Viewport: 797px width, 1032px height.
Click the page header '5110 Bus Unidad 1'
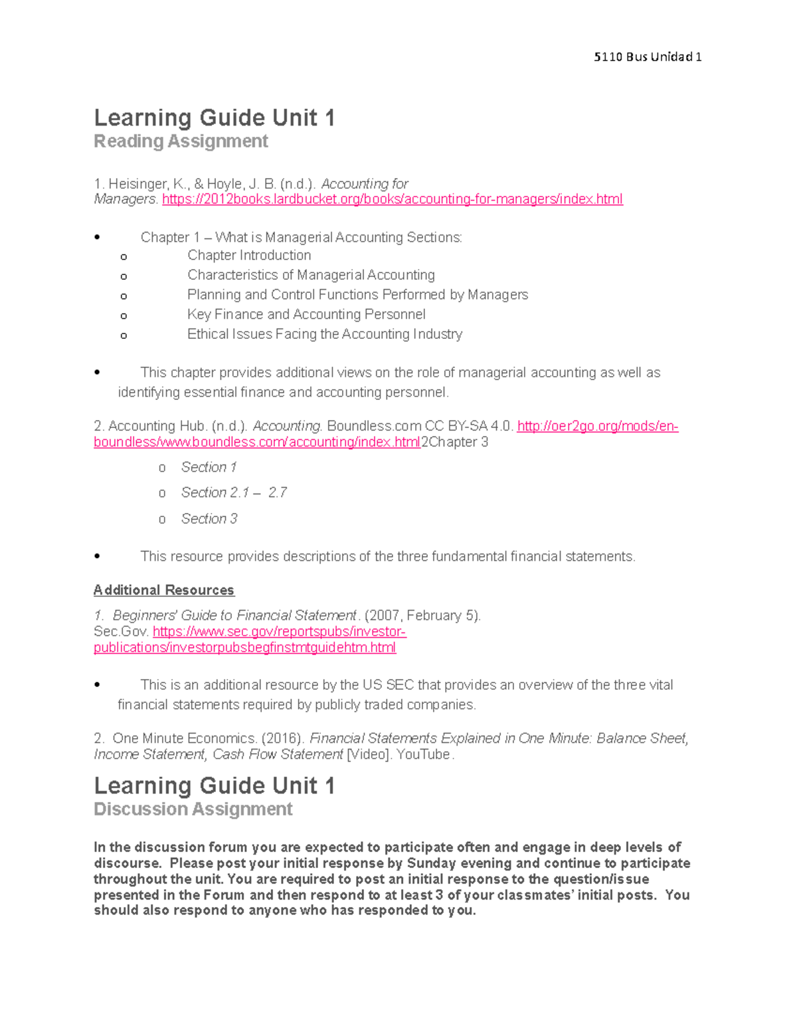pyautogui.click(x=648, y=57)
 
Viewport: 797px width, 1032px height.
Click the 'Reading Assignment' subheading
pyautogui.click(x=181, y=142)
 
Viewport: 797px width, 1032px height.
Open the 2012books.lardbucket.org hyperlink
pyautogui.click(x=392, y=199)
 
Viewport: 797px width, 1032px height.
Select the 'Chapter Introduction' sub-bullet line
pyautogui.click(x=249, y=256)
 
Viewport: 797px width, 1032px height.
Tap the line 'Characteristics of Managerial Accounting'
pyautogui.click(x=311, y=275)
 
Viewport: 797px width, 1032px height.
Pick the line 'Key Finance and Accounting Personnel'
pyautogui.click(x=306, y=314)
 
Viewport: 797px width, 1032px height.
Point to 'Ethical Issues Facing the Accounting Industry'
pyautogui.click(x=325, y=334)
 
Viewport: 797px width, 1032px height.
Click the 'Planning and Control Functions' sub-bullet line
pyautogui.click(x=357, y=295)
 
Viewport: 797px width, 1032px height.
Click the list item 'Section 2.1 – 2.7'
pyautogui.click(x=234, y=493)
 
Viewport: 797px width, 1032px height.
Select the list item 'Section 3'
pyautogui.click(x=209, y=519)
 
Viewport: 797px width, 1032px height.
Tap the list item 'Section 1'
pyautogui.click(x=209, y=468)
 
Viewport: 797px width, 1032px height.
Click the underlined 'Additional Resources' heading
pyautogui.click(x=164, y=590)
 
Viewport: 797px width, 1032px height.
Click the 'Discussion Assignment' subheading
pyautogui.click(x=193, y=809)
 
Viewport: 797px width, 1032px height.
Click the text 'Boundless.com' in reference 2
pyautogui.click(x=374, y=426)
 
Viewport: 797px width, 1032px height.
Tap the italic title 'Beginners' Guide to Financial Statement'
pyautogui.click(x=234, y=616)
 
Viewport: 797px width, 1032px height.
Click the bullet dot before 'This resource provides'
pyautogui.click(x=98, y=557)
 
